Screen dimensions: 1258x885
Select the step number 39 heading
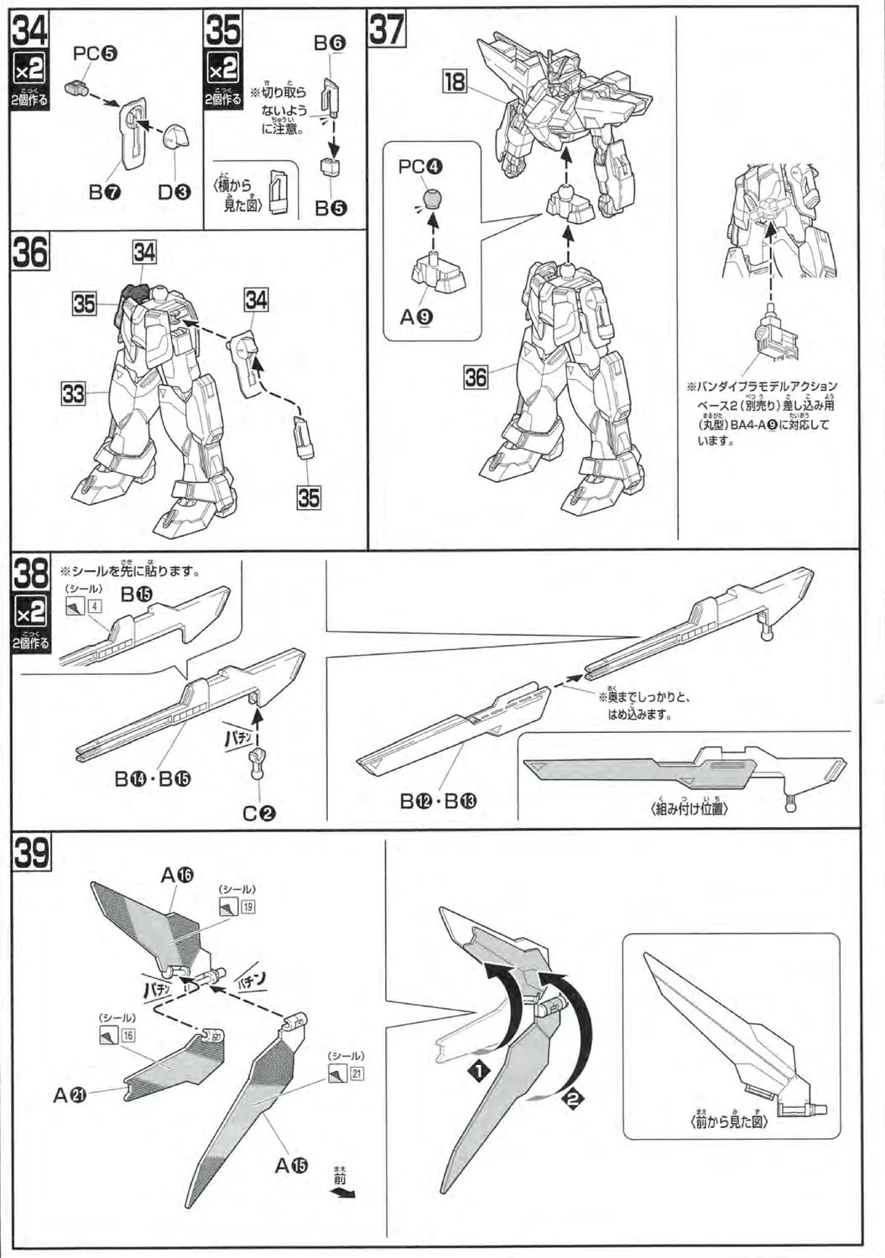(x=31, y=855)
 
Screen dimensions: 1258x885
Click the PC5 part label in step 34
(x=95, y=54)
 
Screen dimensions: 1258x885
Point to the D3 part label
(x=174, y=192)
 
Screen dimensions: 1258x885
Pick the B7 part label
(x=106, y=192)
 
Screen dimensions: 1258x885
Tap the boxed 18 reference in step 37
(x=454, y=81)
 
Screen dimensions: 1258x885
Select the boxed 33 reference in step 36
(x=73, y=392)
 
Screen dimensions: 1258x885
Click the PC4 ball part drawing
(x=431, y=200)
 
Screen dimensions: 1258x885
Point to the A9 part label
(x=414, y=317)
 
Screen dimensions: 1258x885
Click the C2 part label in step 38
(x=260, y=813)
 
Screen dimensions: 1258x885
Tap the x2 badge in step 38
(x=30, y=616)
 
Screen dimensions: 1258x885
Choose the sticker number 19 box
(x=248, y=907)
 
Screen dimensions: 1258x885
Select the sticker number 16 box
(x=128, y=1035)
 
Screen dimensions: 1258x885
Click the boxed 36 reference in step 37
(x=476, y=377)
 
